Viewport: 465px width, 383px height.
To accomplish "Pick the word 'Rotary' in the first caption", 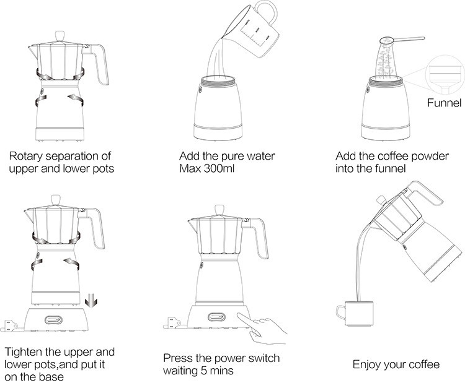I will [27, 155].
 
